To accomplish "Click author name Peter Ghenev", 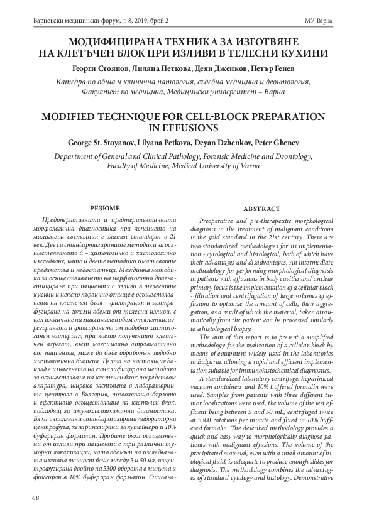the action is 285,142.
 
